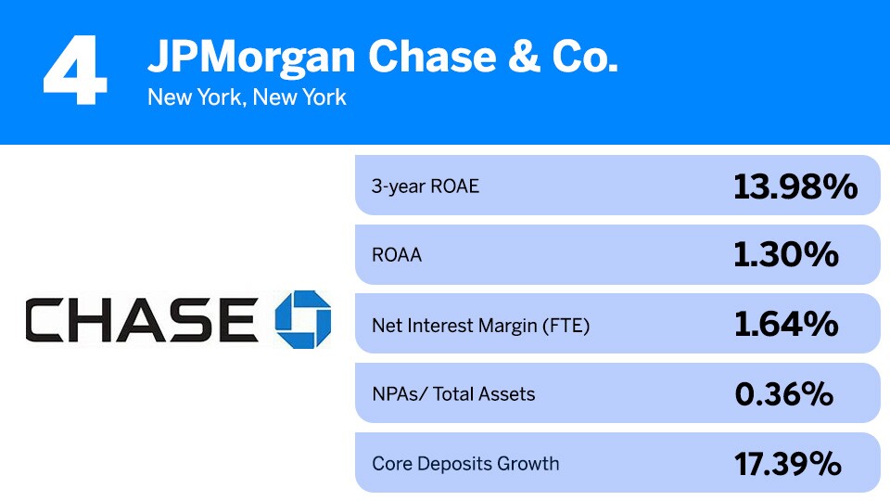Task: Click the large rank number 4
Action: tap(75, 71)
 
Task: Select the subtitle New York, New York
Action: tap(247, 96)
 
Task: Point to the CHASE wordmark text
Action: tap(141, 318)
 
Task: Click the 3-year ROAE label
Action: tap(426, 186)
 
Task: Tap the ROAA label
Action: tap(397, 254)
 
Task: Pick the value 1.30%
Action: tap(786, 255)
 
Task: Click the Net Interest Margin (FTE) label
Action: tap(480, 325)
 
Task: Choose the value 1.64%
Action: tap(786, 325)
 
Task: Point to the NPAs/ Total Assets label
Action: tap(453, 393)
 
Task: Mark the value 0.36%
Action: tap(784, 394)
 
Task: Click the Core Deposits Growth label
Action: tap(465, 463)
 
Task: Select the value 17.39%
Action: tap(787, 463)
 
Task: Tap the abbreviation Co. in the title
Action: tap(581, 58)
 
